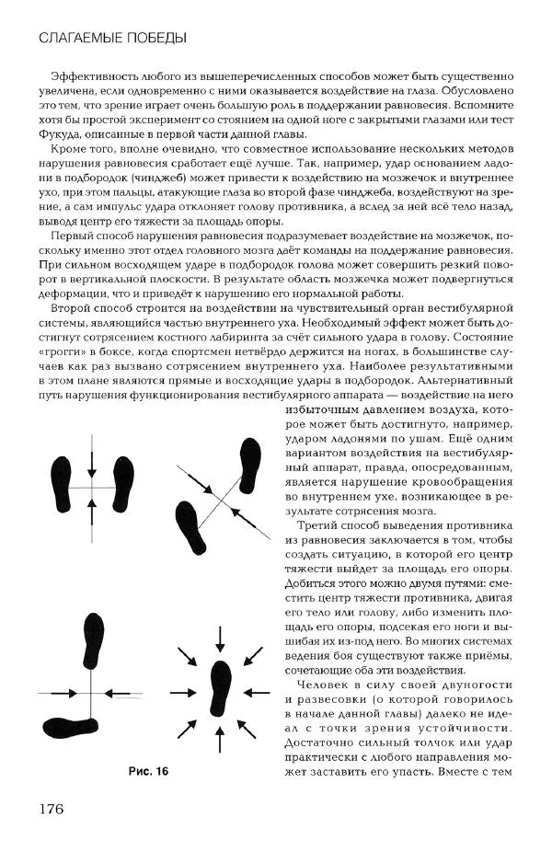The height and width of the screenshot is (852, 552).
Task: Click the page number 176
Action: (x=50, y=809)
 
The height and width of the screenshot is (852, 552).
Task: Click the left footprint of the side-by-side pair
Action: (x=62, y=483)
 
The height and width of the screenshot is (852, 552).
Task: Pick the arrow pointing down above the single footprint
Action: (x=220, y=637)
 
